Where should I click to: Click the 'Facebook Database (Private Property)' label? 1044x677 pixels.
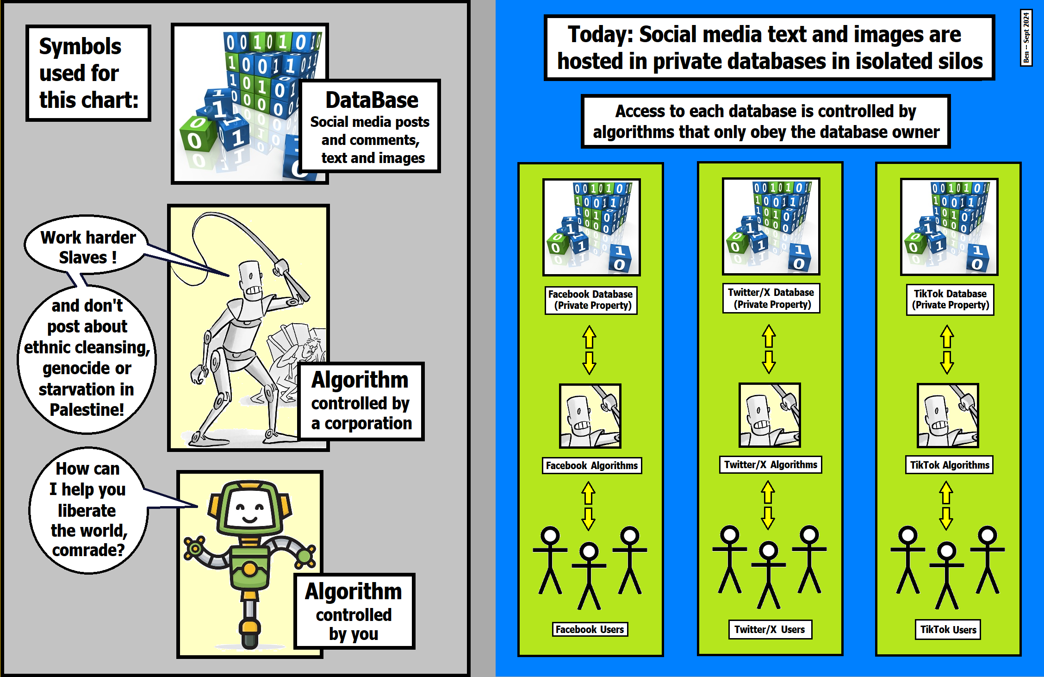(x=591, y=300)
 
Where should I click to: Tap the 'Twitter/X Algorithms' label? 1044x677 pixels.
(x=771, y=464)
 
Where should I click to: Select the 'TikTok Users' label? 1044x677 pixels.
(x=948, y=629)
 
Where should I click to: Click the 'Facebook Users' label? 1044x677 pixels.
(x=590, y=629)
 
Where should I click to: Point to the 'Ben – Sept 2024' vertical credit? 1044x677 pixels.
(x=1026, y=38)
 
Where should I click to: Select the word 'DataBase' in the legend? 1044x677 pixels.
(x=372, y=100)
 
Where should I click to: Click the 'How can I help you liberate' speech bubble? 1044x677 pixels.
(x=88, y=509)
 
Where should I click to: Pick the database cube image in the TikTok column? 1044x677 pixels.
(x=949, y=226)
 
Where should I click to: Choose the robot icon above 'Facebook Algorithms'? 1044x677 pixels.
(x=590, y=415)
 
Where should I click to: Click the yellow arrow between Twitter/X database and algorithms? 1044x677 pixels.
(x=769, y=349)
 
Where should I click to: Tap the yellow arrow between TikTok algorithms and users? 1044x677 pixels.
(x=946, y=505)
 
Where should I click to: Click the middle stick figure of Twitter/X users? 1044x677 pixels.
(x=769, y=574)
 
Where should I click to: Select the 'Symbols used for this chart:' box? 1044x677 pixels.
(x=88, y=73)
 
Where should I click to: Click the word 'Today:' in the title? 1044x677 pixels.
(x=600, y=35)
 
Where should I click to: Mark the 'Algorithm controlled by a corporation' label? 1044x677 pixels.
(x=361, y=401)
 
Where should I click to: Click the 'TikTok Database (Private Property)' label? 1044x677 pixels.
(x=950, y=299)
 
